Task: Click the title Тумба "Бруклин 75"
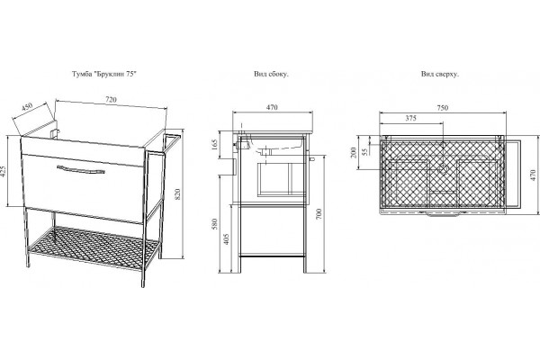(104, 74)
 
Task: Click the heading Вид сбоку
(271, 74)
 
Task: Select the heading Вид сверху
(439, 74)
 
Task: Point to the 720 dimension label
(111, 100)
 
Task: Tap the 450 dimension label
(27, 107)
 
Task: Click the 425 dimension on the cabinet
(4, 172)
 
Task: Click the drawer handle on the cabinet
(81, 169)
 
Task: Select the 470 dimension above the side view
(272, 107)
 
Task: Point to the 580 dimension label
(214, 224)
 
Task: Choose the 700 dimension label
(319, 214)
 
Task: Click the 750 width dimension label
(443, 108)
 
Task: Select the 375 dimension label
(410, 118)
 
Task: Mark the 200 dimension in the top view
(353, 152)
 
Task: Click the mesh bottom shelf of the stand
(93, 247)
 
